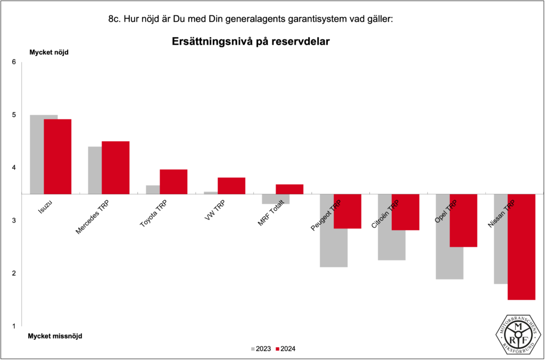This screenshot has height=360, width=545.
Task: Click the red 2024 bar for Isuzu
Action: click(57, 156)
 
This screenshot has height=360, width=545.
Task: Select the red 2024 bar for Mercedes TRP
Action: click(115, 167)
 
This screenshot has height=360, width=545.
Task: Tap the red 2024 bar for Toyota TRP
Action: click(174, 182)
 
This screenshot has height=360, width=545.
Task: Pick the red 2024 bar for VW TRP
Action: click(232, 185)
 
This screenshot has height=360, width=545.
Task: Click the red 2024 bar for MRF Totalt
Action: click(290, 189)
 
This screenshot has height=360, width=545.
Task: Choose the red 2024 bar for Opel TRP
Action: click(464, 220)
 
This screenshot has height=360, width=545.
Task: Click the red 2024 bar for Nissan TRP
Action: click(522, 247)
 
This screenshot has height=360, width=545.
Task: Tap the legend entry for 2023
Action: click(261, 349)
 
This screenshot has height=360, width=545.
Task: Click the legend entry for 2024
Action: click(286, 349)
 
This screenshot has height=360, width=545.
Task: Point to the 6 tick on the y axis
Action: click(14, 62)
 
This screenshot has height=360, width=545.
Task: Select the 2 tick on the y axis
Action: click(14, 273)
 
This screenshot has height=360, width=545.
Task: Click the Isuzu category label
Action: click(45, 207)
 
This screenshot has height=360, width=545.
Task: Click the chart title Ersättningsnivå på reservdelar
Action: click(251, 42)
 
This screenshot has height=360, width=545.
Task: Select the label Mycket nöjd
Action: click(48, 52)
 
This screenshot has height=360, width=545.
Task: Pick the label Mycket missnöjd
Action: click(55, 336)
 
